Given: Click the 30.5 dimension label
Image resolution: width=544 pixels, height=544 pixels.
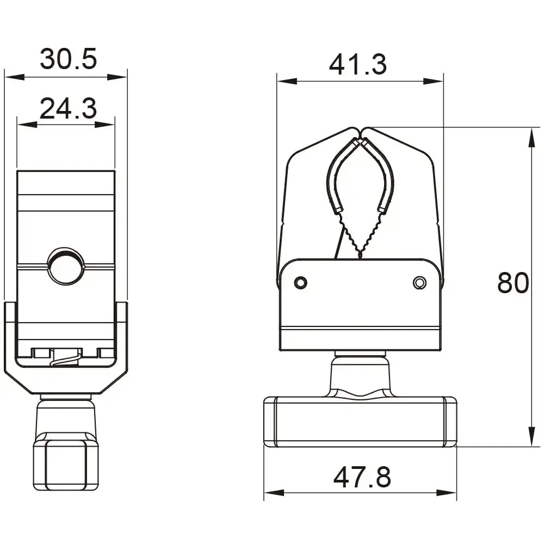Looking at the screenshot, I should tap(68, 59).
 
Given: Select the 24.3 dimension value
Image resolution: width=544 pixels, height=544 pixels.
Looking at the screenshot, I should tap(68, 108).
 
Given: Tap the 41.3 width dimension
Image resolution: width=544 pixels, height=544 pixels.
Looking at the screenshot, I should tap(357, 65).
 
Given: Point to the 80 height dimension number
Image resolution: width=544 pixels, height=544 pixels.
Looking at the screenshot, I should tap(512, 283).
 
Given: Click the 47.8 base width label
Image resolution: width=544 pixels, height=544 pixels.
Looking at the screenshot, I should tap(362, 478).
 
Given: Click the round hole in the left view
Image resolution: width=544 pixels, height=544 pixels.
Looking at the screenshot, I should tap(65, 266).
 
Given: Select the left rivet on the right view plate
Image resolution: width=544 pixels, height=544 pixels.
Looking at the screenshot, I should tap(300, 282).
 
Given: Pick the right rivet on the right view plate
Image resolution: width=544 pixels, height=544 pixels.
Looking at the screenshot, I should tap(418, 282).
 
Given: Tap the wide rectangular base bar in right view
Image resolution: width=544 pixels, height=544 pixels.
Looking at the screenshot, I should tap(360, 422).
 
